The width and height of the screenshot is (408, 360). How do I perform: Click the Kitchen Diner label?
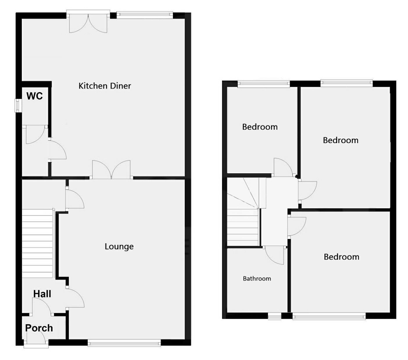pos(105,86)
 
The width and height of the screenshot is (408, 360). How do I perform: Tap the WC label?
pos(35,96)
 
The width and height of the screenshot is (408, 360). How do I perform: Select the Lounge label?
pos(119,247)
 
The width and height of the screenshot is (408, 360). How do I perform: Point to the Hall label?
pos(42,294)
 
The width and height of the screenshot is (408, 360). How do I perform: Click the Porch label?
pos(39,328)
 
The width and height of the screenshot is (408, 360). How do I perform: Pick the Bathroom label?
pos(257,279)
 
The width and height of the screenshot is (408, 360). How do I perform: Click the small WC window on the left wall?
pos(18,106)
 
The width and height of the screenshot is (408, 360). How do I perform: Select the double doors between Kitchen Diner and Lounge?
pos(111,170)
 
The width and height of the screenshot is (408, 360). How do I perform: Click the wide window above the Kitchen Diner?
pos(145,15)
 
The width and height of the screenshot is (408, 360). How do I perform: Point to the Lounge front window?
pos(124,343)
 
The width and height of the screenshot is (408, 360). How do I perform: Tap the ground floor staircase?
pos(38,243)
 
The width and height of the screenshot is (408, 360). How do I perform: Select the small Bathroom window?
pos(275,316)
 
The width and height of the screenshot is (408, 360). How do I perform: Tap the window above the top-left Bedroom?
pos(264,84)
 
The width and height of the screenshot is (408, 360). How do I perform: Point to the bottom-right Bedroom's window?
pos(329,316)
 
